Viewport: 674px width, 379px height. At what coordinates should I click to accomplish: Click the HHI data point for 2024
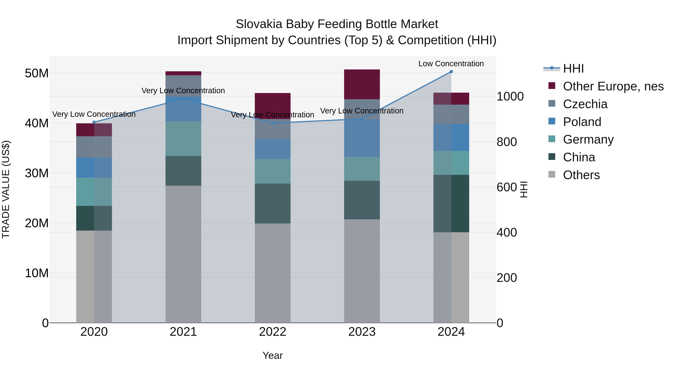click(451, 72)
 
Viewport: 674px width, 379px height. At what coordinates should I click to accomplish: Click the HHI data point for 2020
click(94, 122)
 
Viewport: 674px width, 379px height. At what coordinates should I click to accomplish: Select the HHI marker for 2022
click(273, 123)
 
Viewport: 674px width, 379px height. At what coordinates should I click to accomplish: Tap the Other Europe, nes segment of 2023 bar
click(362, 84)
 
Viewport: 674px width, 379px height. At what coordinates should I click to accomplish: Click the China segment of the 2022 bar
click(273, 203)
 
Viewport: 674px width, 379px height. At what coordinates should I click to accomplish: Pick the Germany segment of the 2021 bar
click(183, 139)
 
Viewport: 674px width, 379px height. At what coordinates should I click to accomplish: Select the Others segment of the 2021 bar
click(183, 254)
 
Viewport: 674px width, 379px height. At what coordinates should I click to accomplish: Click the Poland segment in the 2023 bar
click(362, 138)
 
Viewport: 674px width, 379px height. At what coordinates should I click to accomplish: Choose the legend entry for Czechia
click(585, 104)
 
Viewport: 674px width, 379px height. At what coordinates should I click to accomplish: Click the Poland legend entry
click(582, 122)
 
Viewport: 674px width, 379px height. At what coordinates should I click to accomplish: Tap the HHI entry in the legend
click(573, 69)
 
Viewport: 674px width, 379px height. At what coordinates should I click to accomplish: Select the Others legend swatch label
click(581, 175)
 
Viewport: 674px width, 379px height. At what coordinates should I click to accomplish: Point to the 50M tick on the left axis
click(37, 73)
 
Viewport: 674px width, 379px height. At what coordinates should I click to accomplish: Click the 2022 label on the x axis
click(273, 332)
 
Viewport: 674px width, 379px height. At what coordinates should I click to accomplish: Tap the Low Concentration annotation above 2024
click(451, 64)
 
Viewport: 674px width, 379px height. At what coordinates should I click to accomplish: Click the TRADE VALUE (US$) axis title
click(6, 189)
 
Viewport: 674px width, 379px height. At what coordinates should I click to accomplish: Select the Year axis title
click(273, 355)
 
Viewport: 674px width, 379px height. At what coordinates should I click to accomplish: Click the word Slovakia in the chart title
click(259, 24)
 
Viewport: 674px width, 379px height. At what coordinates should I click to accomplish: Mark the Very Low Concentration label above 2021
click(183, 91)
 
